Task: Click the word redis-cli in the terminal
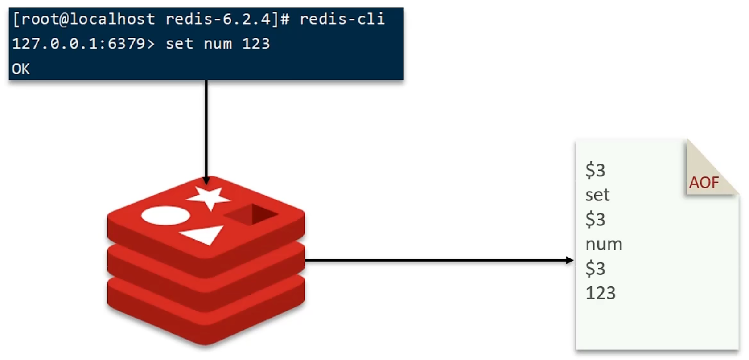click(342, 19)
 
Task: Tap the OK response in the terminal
click(21, 69)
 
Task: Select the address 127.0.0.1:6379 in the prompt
click(78, 44)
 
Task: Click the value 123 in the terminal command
click(256, 44)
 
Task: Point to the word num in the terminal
click(218, 44)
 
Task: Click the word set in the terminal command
click(179, 44)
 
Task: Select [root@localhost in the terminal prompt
click(84, 19)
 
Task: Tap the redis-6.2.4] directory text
click(222, 19)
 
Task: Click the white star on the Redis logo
click(209, 197)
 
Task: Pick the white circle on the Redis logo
click(165, 216)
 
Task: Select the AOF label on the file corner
click(704, 183)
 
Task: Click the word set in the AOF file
click(597, 195)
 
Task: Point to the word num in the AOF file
click(604, 244)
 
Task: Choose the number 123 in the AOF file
click(601, 293)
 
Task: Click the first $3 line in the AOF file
click(595, 170)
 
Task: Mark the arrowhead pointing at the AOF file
click(569, 260)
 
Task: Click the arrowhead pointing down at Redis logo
click(206, 180)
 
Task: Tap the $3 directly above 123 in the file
click(595, 269)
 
